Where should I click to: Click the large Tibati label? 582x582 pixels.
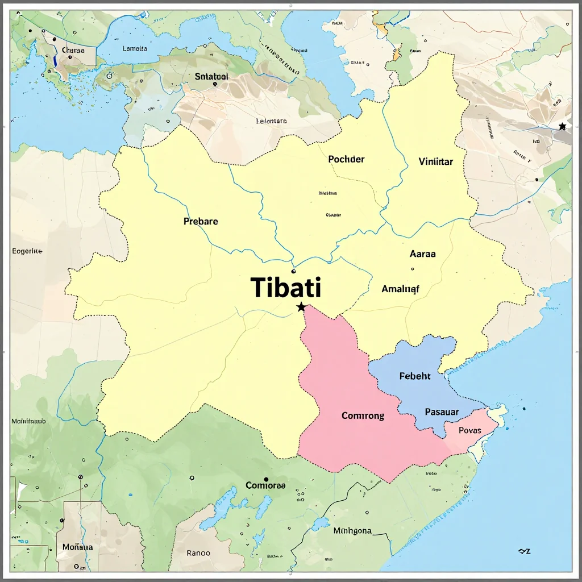[x=286, y=288]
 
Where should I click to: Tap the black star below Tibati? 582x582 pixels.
[x=301, y=307]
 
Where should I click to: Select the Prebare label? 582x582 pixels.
[x=201, y=221]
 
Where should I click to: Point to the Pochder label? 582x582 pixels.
[x=346, y=159]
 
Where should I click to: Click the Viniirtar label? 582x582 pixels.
[x=435, y=161]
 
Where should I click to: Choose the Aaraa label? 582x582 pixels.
[x=422, y=254]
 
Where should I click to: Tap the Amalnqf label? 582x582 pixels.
[x=400, y=289]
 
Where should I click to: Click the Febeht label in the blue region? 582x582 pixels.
[x=415, y=376]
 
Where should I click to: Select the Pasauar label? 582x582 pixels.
[x=442, y=411]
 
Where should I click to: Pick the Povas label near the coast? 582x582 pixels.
[x=470, y=430]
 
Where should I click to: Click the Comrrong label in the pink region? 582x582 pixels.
[x=363, y=415]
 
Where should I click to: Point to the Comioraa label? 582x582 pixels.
[x=265, y=485]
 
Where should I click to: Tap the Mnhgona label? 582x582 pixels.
[x=352, y=531]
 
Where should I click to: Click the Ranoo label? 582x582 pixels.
[x=198, y=552]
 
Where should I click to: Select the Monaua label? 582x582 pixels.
[x=77, y=547]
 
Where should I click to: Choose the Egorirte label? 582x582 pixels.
[x=27, y=251]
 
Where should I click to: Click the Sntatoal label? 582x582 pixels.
[x=211, y=76]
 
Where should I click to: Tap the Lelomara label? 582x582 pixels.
[x=272, y=121]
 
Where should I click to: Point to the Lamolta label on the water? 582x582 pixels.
[x=135, y=48]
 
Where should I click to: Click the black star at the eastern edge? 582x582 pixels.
[x=562, y=126]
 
